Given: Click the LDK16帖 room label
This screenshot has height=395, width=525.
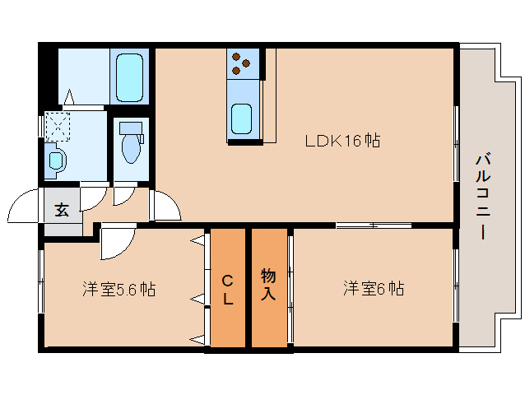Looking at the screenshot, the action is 342,141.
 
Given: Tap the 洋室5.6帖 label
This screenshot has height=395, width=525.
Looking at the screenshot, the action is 119,289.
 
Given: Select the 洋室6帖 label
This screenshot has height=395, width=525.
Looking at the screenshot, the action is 374,288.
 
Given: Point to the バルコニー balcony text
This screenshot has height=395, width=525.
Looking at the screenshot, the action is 483,196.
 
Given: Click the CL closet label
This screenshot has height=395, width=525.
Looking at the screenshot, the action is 228,290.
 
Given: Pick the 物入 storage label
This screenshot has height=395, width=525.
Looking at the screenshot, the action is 268,284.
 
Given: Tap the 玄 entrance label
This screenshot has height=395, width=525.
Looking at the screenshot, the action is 62,210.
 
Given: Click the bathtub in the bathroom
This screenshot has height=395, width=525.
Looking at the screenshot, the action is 129,77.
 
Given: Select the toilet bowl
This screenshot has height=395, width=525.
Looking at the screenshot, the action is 132,148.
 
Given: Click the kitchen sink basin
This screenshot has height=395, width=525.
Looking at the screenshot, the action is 241,118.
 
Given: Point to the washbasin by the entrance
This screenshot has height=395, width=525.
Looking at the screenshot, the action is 56,160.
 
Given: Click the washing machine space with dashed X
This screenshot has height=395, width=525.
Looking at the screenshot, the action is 58,127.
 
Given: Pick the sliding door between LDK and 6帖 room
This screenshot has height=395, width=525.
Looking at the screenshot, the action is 374,225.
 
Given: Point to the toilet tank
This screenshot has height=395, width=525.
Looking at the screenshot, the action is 131,128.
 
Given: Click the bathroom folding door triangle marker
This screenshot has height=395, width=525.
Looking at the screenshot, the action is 69,97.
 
